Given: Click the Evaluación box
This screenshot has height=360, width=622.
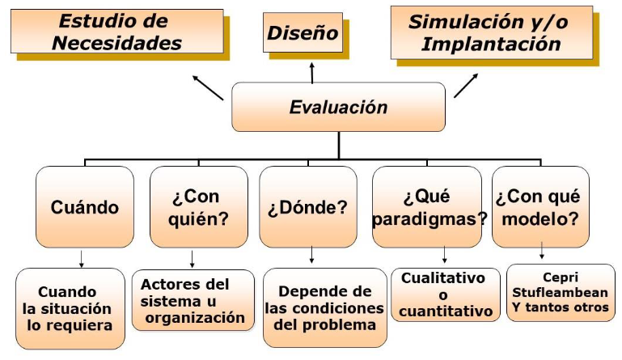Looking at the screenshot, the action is coord(338,107).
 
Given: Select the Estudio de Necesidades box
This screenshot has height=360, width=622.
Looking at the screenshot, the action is coord(117,32).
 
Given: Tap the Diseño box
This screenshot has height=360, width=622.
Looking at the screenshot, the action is coord(303,32).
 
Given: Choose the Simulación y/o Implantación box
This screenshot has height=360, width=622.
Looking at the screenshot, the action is coord(492,32).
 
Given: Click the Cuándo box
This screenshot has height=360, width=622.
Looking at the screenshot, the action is coord(85,207).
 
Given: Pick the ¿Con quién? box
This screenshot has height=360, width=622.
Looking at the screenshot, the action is coord(199,207).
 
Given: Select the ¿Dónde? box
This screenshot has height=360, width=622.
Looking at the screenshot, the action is coord(308,207).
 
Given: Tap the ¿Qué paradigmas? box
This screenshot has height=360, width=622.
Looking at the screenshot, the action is coord(427,207).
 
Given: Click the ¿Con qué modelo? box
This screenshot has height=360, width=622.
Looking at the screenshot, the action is coord(540,207).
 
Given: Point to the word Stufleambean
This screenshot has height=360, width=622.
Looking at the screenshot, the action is coord(560,293).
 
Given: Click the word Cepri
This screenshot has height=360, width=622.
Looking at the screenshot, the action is coord(561,277).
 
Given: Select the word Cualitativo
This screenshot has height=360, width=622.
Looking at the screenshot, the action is coord(443,277).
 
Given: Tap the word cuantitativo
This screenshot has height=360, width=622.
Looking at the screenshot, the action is coord(446,311).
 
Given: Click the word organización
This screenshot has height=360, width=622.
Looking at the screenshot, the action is coord(195,318).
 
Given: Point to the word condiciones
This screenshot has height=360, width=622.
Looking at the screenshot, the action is coord(324,308).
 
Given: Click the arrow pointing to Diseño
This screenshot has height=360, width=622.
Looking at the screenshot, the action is coord(312,73).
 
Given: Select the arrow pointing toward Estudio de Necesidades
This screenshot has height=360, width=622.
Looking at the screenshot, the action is coord(208,87).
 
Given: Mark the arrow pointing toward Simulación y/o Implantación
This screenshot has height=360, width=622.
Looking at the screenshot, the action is coord(466,85).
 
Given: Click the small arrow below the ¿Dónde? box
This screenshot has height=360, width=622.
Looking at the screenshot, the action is coord(311,255).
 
